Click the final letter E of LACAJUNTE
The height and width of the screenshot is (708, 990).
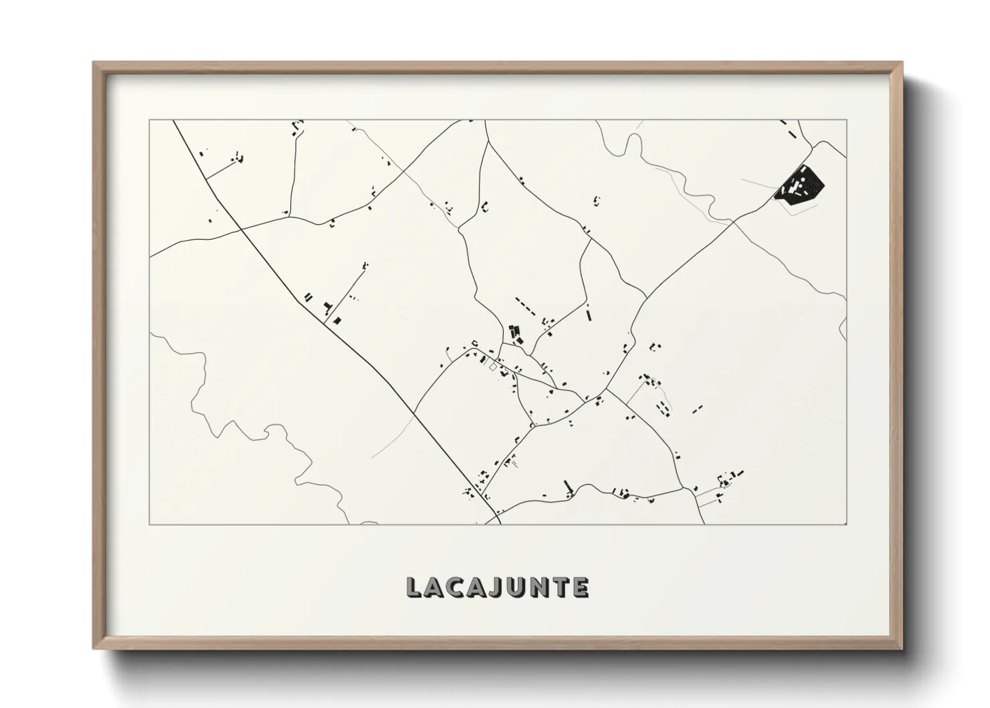pos(580,588)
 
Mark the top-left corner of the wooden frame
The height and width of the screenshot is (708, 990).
pos(94,63)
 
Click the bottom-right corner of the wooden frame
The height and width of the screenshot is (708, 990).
pos(902,648)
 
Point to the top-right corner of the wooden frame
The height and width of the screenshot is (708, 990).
pos(902,63)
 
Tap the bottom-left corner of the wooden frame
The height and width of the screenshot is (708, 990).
pos(94,648)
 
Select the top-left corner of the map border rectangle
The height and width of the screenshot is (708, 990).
pos(149,120)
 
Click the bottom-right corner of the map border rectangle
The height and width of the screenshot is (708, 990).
pos(847,524)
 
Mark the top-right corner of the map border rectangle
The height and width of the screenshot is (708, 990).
pos(847,120)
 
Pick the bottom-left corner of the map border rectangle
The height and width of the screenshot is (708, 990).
pos(149,524)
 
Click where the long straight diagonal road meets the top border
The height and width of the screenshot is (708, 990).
pos(173,120)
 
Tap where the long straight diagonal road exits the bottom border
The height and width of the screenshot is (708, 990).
pos(500,523)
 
